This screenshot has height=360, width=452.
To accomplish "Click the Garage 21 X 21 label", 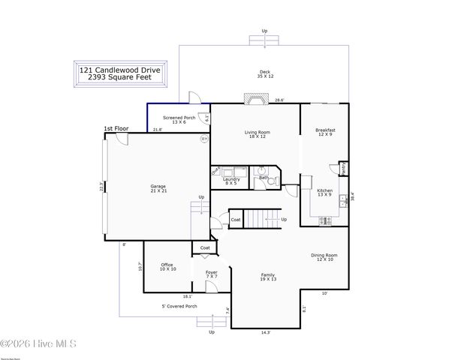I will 158,188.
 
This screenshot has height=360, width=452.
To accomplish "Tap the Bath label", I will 264,178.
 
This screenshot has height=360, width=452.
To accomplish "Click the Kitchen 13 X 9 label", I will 324,193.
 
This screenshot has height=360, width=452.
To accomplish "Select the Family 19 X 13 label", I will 267,277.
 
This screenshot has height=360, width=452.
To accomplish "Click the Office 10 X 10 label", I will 168,267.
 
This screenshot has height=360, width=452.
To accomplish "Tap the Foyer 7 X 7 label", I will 212,274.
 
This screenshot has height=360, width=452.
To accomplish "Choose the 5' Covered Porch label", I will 179,306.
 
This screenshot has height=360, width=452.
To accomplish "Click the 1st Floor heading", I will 116,129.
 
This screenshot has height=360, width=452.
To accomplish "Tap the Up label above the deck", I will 264,31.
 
